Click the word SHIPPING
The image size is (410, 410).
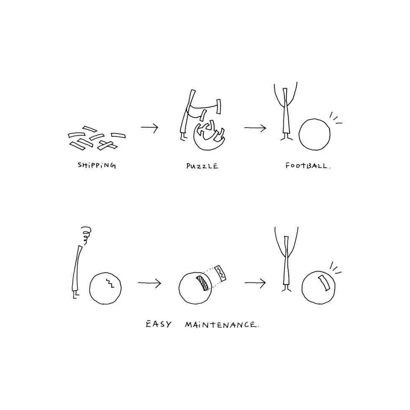pos(97,165)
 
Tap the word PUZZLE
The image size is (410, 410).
pos(202,166)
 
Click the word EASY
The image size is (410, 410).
pos(159,324)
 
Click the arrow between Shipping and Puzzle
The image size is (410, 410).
pos(150,127)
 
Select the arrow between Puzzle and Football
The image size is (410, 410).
pos(255,128)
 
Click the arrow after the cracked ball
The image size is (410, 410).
pos(150,283)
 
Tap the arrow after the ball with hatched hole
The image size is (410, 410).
pos(255,283)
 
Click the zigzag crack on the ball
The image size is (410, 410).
pos(110,283)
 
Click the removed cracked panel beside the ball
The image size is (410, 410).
pos(220,273)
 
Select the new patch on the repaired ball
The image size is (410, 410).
pos(324,283)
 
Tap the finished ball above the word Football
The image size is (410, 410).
pos(314,134)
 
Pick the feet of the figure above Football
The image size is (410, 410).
pos(286,138)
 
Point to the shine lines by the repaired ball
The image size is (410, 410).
pos(336,268)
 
